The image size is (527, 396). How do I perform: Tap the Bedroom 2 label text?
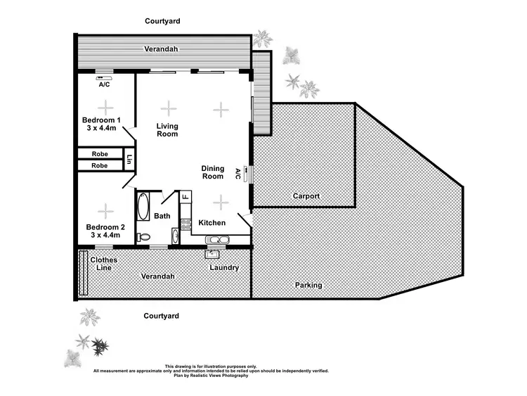coord(105,231)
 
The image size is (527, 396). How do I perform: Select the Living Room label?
coord(167,130)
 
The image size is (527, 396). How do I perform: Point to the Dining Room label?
coord(213,172)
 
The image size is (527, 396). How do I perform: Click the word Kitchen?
coord(212,223)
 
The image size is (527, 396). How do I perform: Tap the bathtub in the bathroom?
coord(143,208)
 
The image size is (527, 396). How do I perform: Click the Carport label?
coord(306,196)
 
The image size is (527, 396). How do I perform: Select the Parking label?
coord(308,285)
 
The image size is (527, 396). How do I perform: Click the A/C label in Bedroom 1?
coord(104,84)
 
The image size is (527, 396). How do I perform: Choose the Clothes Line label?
coord(103,264)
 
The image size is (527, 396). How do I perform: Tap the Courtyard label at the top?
coord(162,21)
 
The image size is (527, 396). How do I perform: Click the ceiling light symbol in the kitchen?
coord(221,202)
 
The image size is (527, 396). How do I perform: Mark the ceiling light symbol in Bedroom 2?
coord(105,209)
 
